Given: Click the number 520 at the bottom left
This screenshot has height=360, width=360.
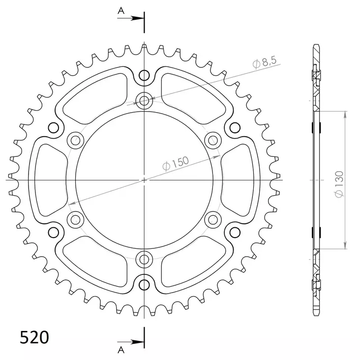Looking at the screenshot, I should (34, 337).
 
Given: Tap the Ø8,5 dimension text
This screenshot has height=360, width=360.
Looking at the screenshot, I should (265, 62).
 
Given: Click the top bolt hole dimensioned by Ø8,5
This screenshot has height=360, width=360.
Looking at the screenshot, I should (144, 102).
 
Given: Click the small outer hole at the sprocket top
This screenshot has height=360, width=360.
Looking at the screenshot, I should (144, 75).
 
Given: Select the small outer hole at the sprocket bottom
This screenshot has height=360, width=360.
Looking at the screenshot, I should (144, 284).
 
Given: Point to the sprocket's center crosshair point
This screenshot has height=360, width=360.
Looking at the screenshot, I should (144, 180).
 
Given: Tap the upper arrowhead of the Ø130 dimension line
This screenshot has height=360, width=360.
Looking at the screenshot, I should (346, 115).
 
